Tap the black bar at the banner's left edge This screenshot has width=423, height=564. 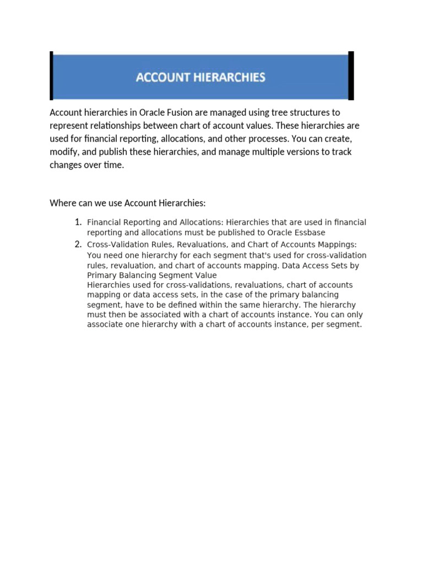tap(51, 75)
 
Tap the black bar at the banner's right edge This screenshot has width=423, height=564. tap(351, 75)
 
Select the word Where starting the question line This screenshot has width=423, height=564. tap(62, 203)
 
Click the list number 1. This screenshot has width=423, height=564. tap(78, 222)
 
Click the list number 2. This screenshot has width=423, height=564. tap(78, 244)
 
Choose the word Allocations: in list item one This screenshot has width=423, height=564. tap(200, 223)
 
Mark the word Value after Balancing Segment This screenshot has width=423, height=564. tap(203, 275)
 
